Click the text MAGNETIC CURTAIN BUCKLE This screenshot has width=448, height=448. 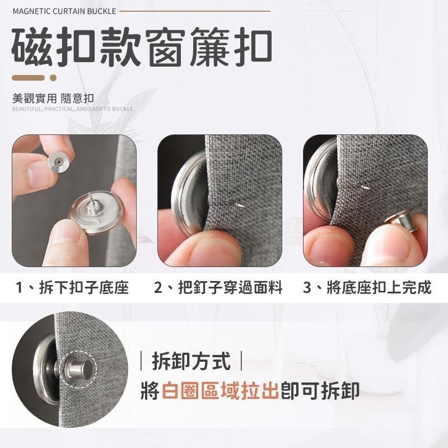pos(64,11)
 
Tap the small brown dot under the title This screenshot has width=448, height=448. pos(54,78)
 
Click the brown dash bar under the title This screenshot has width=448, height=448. pos(29,78)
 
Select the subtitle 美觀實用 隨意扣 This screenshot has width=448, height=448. pos(53,99)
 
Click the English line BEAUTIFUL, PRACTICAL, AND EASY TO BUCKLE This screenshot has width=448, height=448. pos(72,109)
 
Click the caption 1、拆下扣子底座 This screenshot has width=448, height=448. pos(73,288)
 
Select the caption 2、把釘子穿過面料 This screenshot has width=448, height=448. pos(218,288)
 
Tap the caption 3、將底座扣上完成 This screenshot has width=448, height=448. pos(367,288)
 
